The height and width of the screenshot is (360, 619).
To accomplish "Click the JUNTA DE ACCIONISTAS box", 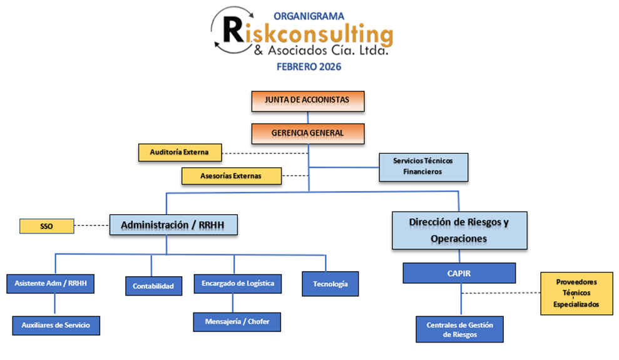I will click(x=308, y=101).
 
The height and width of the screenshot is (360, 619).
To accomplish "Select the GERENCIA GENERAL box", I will click(x=307, y=133).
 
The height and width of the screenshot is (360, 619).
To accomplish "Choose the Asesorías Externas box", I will click(x=231, y=176).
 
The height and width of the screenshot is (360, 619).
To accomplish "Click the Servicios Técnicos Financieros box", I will click(x=422, y=167).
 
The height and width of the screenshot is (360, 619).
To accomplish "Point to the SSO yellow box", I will click(x=47, y=226).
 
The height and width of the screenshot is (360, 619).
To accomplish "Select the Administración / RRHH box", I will click(x=173, y=225).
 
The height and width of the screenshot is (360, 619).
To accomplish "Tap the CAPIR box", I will click(x=459, y=273).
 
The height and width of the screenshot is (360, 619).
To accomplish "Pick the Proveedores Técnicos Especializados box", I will click(x=576, y=293).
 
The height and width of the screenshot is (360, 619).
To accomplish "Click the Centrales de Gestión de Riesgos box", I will click(x=459, y=329).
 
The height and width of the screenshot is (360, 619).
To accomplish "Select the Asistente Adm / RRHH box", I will click(x=51, y=283).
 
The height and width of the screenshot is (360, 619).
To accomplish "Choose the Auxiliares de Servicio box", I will click(x=56, y=325).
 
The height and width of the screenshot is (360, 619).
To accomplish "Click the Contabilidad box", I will click(x=153, y=286).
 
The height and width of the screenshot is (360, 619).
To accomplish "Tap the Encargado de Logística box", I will click(x=237, y=283).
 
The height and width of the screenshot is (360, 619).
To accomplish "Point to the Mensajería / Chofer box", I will click(x=237, y=322).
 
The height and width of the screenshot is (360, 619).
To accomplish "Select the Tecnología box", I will click(x=330, y=284).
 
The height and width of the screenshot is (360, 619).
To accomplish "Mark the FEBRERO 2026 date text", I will click(x=309, y=66).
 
